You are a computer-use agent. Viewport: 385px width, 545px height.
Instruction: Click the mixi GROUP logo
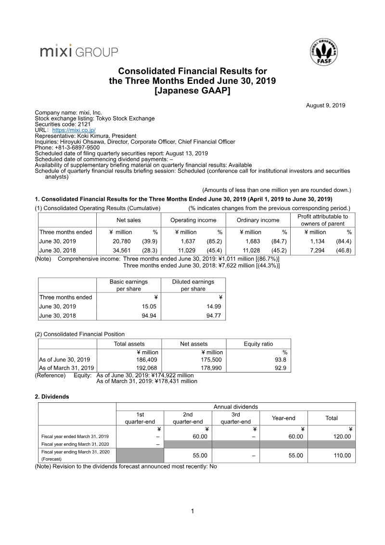79,52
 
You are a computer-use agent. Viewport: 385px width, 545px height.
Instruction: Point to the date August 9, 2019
325,106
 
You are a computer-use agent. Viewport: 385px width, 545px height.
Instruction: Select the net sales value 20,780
122,241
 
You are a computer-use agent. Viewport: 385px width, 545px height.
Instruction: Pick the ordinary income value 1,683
253,241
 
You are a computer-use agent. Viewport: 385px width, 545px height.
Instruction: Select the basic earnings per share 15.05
147,306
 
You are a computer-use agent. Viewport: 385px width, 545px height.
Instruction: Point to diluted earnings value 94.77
212,316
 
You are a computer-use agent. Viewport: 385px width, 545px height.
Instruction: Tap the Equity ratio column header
258,344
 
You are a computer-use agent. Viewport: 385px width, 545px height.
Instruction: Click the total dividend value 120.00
341,437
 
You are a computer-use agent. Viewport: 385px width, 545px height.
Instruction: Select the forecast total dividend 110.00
341,455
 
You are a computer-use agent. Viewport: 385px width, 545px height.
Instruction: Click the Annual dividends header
235,407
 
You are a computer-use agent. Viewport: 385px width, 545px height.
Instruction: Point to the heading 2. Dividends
51,397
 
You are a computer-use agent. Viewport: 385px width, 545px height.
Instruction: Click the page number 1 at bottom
192,511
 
